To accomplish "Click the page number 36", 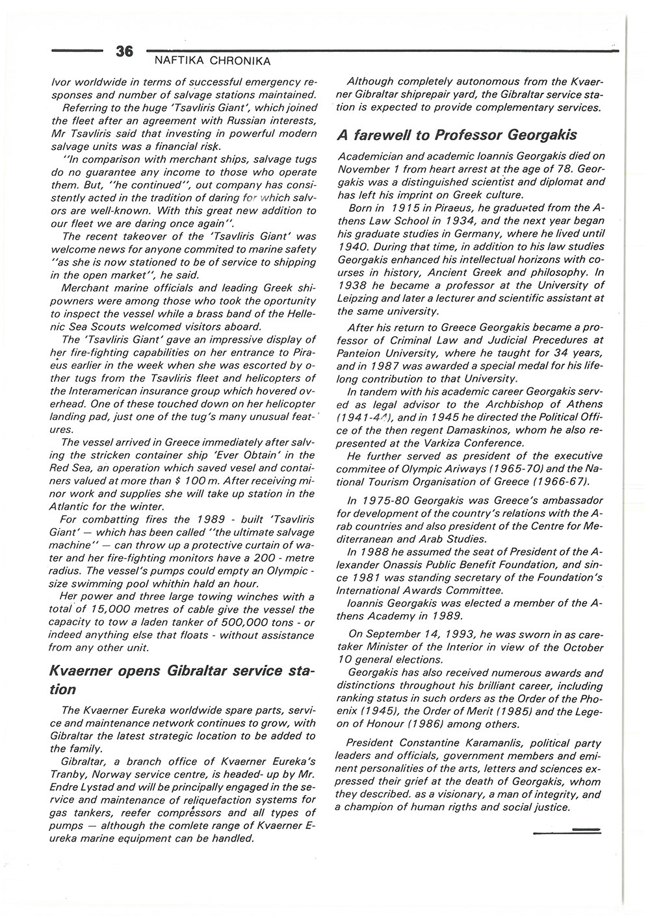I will point(124,51).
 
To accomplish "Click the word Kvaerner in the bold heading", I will point(79,671).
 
